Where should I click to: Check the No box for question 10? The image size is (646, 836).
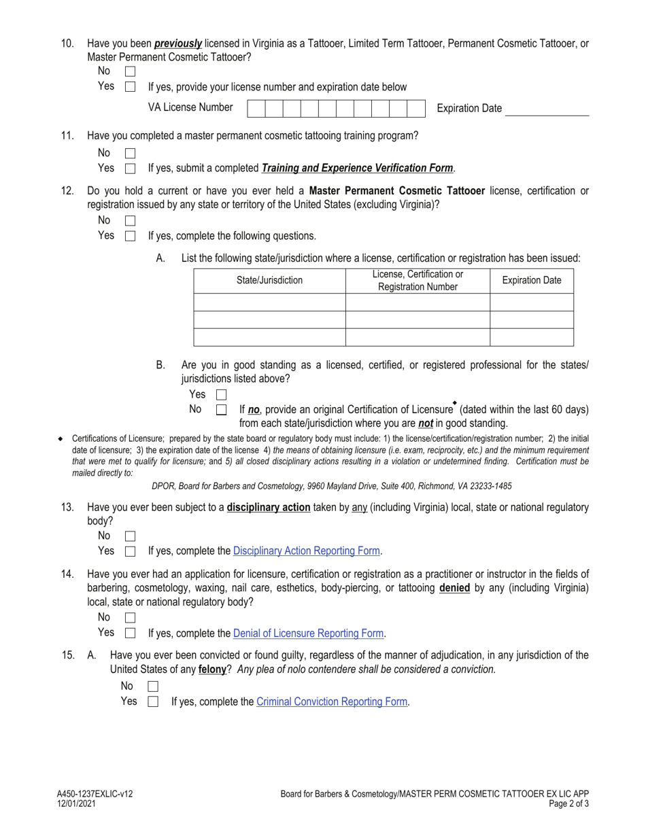pyautogui.click(x=131, y=71)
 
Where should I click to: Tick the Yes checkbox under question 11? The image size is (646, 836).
pyautogui.click(x=131, y=169)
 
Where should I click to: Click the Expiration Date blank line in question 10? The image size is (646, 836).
pyautogui.click(x=547, y=109)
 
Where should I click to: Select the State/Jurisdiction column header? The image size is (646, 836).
pyautogui.click(x=269, y=281)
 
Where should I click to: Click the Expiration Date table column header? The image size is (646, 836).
pyautogui.click(x=531, y=281)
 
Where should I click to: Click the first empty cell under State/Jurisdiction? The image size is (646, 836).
pyautogui.click(x=269, y=302)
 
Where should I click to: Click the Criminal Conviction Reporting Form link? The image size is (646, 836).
pyautogui.click(x=332, y=702)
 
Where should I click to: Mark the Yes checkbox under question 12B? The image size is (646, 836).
pyautogui.click(x=221, y=395)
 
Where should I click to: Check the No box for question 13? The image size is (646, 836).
pyautogui.click(x=131, y=536)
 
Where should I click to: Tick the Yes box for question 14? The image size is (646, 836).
pyautogui.click(x=131, y=633)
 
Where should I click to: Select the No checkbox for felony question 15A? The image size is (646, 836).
pyautogui.click(x=153, y=687)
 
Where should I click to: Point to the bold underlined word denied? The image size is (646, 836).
pyautogui.click(x=454, y=588)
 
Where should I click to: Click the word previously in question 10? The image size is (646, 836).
pyautogui.click(x=178, y=43)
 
